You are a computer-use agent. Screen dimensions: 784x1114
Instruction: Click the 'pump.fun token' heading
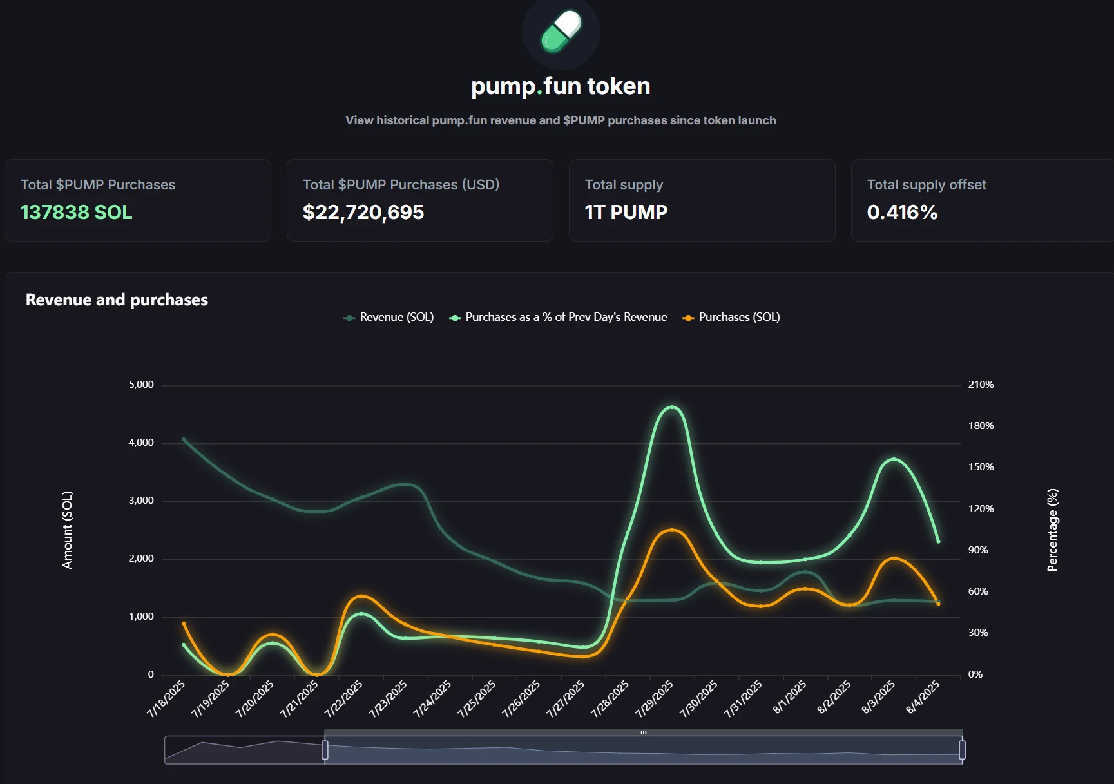pyautogui.click(x=561, y=86)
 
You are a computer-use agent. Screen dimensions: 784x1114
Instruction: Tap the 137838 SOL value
pyautogui.click(x=76, y=212)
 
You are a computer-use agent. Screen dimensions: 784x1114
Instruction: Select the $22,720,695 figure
pyautogui.click(x=363, y=212)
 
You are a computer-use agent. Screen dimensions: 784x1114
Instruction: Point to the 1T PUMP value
pyautogui.click(x=626, y=212)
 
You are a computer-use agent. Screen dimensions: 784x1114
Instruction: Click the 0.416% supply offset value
pyautogui.click(x=902, y=212)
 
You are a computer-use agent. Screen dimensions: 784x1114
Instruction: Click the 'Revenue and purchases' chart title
pyautogui.click(x=117, y=300)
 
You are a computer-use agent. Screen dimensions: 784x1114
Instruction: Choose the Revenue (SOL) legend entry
pyautogui.click(x=389, y=317)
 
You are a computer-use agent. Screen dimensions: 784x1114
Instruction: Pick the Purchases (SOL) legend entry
pyautogui.click(x=732, y=317)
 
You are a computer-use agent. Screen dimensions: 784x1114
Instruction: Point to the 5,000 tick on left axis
pyautogui.click(x=141, y=385)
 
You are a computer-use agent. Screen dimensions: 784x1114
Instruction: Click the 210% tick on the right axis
pyautogui.click(x=981, y=385)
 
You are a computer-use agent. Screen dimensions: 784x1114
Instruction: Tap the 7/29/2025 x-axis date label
pyautogui.click(x=655, y=699)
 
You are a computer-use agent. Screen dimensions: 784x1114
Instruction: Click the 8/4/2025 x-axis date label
pyautogui.click(x=923, y=698)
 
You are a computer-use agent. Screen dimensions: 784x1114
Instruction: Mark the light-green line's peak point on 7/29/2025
pyautogui.click(x=672, y=407)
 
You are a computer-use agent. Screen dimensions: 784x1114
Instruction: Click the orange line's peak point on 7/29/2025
pyautogui.click(x=672, y=530)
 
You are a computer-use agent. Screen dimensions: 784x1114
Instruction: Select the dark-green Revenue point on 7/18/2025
pyautogui.click(x=184, y=440)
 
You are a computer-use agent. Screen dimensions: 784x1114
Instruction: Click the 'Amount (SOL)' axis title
pyautogui.click(x=68, y=530)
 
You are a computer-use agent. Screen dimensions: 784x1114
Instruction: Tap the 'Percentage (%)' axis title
pyautogui.click(x=1052, y=530)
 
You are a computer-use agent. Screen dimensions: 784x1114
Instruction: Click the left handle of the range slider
pyautogui.click(x=325, y=750)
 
